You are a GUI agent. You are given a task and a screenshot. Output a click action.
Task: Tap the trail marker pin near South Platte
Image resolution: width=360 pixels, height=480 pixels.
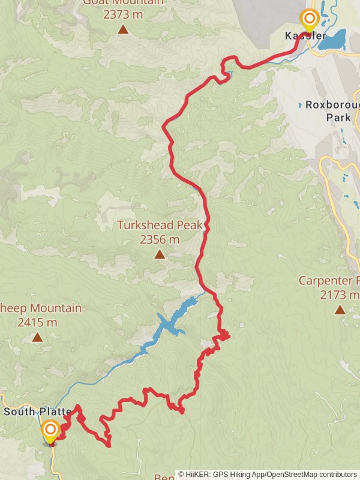[x=50, y=430]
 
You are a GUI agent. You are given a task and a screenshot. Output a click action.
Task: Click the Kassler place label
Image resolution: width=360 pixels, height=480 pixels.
[x=305, y=36]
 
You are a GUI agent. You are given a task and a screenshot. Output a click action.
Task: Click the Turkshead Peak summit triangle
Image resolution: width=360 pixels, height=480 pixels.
[x=160, y=254]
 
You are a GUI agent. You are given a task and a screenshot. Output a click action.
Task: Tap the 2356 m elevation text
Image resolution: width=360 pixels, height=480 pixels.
[x=160, y=239]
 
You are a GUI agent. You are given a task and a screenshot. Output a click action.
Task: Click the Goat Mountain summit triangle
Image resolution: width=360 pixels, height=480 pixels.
[x=123, y=29]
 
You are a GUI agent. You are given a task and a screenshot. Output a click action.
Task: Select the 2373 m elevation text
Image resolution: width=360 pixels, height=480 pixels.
[x=123, y=14]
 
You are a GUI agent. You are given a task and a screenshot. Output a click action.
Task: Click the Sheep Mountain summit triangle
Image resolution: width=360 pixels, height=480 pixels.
[x=37, y=337]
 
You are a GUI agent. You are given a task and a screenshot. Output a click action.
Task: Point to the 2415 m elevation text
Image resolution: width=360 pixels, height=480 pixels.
[x=37, y=322]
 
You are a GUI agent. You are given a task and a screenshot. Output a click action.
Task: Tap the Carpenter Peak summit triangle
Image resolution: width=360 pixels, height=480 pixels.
[x=340, y=310]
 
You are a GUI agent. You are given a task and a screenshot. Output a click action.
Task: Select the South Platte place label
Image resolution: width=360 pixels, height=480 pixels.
[x=37, y=412]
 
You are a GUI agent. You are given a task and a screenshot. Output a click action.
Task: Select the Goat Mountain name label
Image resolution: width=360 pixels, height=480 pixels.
[x=123, y=2]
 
